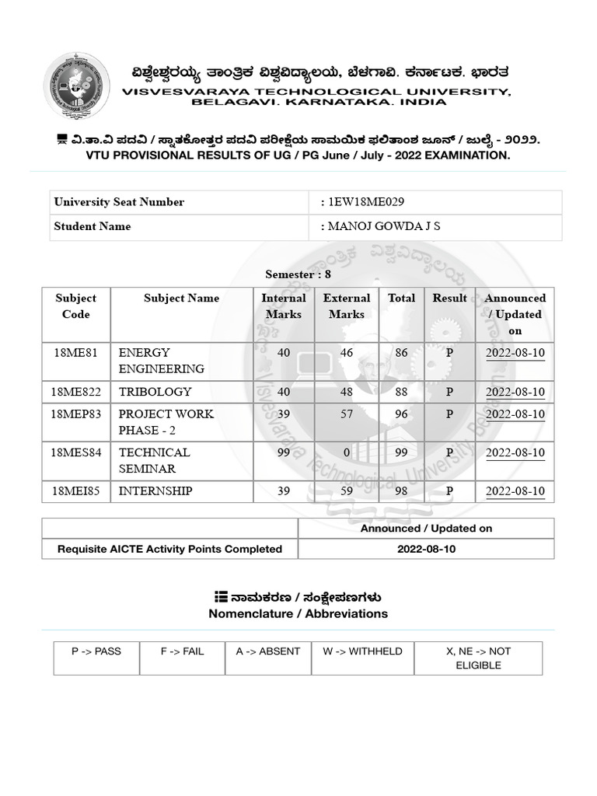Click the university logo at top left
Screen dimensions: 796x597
pyautogui.click(x=75, y=86)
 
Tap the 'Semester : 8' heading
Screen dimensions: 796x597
pyautogui.click(x=298, y=274)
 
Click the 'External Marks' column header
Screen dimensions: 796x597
pyautogui.click(x=346, y=306)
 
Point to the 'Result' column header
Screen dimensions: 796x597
pyautogui.click(x=449, y=298)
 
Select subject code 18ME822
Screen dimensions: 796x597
pyautogui.click(x=76, y=392)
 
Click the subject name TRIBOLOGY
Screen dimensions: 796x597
pyautogui.click(x=155, y=392)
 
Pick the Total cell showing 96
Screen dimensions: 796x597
pyautogui.click(x=401, y=414)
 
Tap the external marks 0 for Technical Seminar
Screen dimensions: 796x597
pyautogui.click(x=347, y=452)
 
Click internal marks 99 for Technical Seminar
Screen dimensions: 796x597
pyautogui.click(x=284, y=452)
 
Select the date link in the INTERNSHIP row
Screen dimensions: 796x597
pyautogui.click(x=515, y=491)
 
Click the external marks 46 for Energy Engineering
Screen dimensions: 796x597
pyautogui.click(x=347, y=353)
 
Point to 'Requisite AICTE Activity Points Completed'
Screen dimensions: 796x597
pyautogui.click(x=169, y=549)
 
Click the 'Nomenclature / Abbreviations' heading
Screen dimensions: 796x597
pyautogui.click(x=298, y=613)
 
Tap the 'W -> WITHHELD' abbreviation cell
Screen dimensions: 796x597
pyautogui.click(x=362, y=651)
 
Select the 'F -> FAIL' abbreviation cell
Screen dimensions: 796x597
pyautogui.click(x=182, y=651)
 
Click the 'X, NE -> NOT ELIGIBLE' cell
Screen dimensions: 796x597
pyautogui.click(x=478, y=658)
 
